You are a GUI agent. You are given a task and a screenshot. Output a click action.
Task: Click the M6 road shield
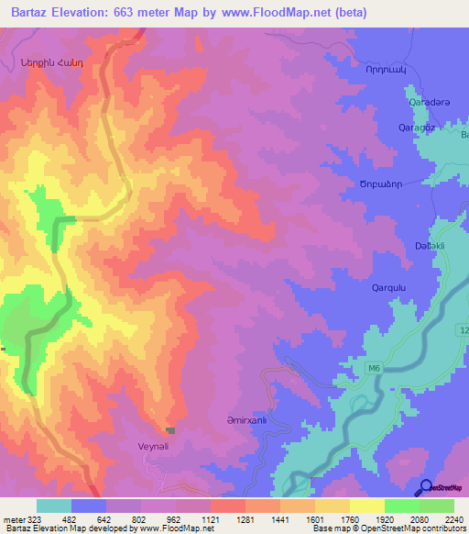coord(374,369)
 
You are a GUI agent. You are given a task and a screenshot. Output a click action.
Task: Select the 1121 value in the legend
coord(210,519)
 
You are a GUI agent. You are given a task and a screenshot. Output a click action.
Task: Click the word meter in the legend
coord(14,519)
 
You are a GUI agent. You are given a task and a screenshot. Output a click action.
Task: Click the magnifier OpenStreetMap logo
coord(425,488)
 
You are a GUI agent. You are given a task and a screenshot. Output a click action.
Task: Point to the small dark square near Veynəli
coord(169,429)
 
